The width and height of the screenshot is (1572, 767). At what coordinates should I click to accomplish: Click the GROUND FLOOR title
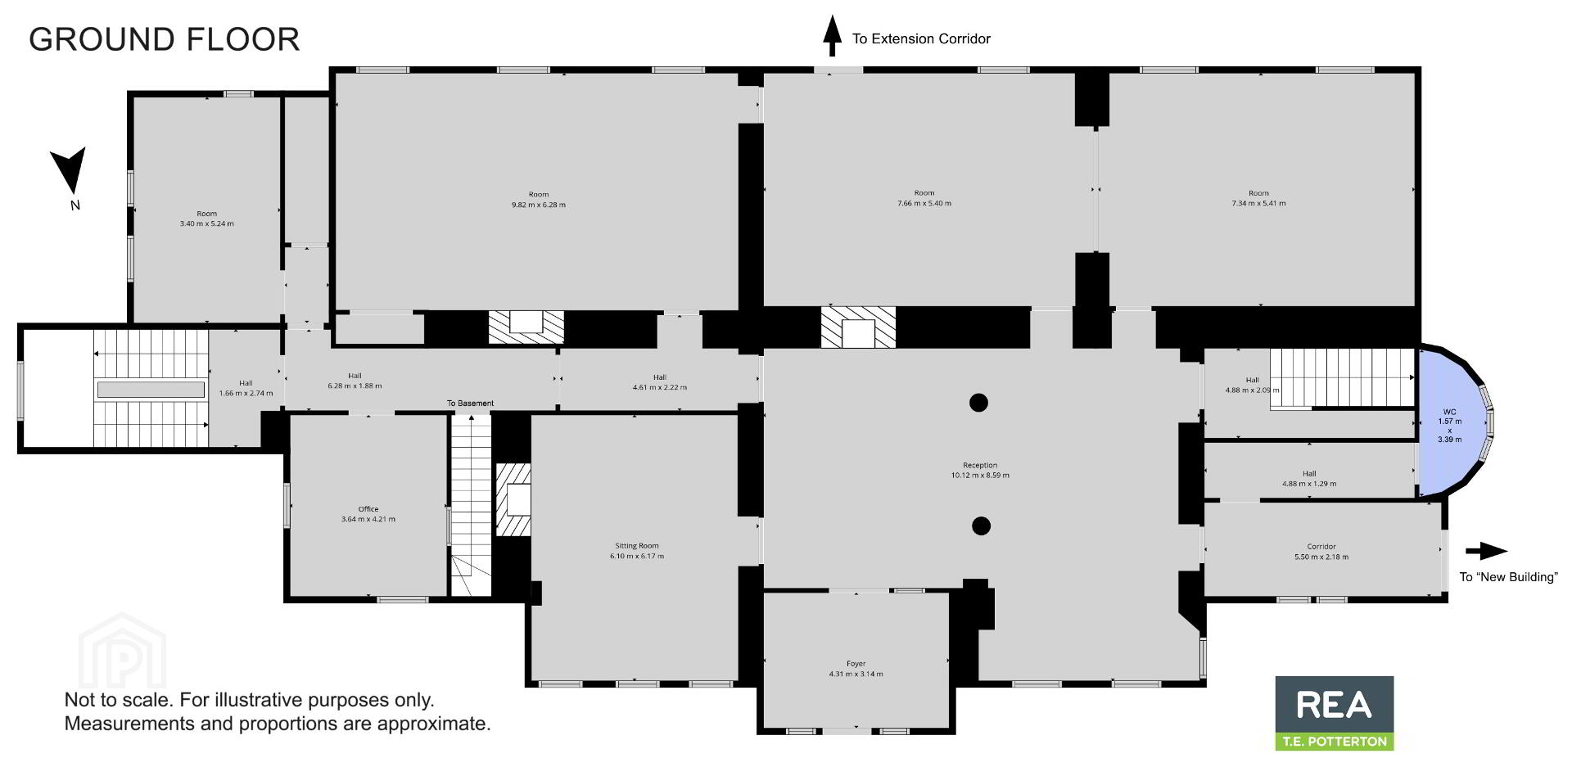click(x=165, y=39)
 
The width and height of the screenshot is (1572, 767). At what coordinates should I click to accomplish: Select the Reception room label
click(x=980, y=470)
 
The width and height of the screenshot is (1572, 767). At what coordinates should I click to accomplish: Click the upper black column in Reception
click(x=978, y=402)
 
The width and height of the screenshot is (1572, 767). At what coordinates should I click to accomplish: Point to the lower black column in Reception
click(x=981, y=526)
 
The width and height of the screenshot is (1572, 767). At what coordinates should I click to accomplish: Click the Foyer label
click(x=856, y=669)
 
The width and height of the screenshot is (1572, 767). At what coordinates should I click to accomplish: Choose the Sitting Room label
click(x=637, y=551)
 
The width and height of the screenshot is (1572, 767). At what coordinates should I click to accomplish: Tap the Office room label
click(x=368, y=514)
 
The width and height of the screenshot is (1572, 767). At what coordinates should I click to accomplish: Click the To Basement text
click(x=470, y=404)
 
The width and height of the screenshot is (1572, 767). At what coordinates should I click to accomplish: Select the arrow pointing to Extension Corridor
click(x=832, y=36)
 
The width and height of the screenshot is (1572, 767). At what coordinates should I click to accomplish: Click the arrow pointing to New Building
click(x=1486, y=551)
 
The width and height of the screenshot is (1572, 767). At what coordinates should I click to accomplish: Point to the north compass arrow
click(x=69, y=169)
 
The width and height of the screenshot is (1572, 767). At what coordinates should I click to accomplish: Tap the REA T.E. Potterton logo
click(x=1335, y=713)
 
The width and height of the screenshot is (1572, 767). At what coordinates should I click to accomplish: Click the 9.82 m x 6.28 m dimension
click(x=539, y=205)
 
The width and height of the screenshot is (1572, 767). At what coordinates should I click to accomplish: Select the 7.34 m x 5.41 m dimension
click(x=1258, y=203)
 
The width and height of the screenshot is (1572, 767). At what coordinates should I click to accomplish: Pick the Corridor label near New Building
click(x=1321, y=552)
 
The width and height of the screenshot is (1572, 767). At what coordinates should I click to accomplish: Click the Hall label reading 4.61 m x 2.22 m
click(x=660, y=382)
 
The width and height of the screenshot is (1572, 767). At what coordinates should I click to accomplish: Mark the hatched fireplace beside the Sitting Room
click(x=513, y=499)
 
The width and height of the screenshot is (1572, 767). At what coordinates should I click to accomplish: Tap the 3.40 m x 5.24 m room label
click(x=207, y=219)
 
